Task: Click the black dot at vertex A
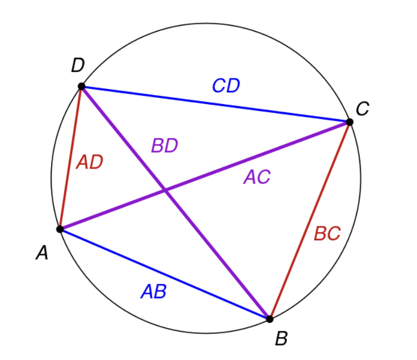60,229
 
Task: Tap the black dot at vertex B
270,319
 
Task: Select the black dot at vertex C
350,122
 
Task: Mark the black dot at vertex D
82,86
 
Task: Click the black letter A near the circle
42,253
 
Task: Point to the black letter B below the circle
282,338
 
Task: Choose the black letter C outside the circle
363,109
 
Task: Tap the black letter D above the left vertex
78,65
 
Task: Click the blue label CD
226,86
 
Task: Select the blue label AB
153,292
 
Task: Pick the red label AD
90,162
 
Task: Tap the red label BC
327,234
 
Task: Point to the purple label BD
165,145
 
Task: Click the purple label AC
257,177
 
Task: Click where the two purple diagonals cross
165,190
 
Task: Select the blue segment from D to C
216,104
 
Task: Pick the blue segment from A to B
165,274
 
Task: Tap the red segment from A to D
71,157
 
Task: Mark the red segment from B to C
310,220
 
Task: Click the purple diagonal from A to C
205,176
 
